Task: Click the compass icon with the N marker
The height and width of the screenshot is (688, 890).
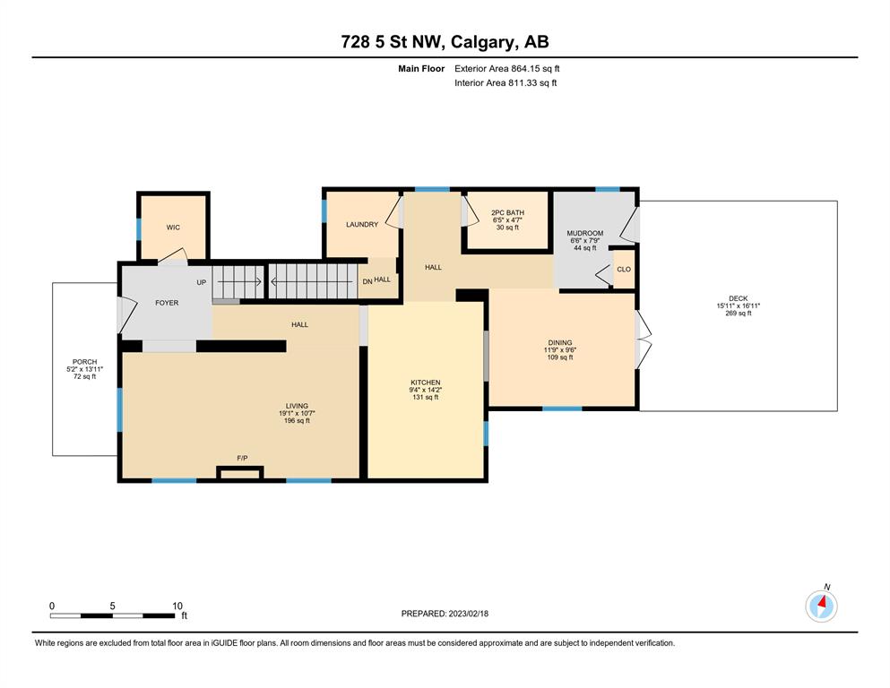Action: [x=821, y=606]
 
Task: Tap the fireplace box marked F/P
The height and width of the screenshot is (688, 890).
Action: [x=240, y=473]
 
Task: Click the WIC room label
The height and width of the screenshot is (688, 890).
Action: [x=173, y=228]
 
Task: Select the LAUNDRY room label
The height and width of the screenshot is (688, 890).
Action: [x=362, y=225]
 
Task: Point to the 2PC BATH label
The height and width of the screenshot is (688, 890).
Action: [x=507, y=212]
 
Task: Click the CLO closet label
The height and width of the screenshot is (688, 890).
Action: [x=624, y=270]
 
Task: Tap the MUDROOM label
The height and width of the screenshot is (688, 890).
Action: [x=584, y=233]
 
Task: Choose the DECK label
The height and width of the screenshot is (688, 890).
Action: [x=738, y=298]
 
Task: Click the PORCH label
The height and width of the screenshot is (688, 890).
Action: [x=84, y=362]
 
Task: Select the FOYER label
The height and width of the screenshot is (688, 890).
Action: [x=167, y=303]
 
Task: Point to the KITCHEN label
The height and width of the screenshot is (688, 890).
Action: [x=426, y=383]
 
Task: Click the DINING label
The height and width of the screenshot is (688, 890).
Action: [x=559, y=342]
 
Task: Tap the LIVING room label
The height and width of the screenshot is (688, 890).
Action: [x=297, y=406]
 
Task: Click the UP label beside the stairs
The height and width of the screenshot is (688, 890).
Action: [x=202, y=282]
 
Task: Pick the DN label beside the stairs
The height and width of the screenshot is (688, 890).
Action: [x=367, y=281]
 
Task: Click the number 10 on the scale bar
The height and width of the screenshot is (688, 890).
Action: [x=177, y=606]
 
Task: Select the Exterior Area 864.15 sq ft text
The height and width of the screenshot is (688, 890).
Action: [x=507, y=69]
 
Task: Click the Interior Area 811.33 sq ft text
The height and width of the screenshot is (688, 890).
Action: [x=505, y=82]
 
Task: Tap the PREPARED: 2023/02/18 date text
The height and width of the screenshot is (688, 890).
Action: [x=445, y=614]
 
